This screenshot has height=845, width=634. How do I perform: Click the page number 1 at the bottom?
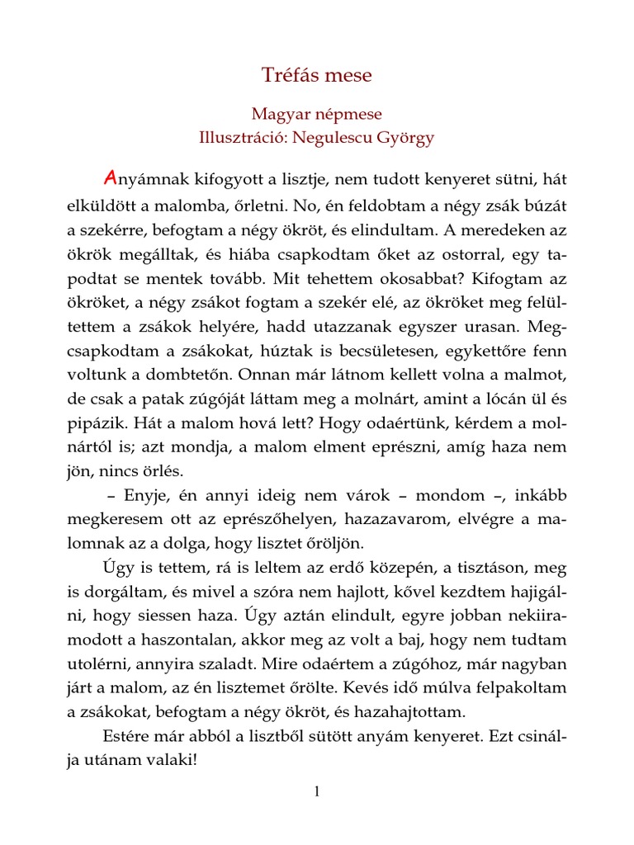[x=316, y=792]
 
